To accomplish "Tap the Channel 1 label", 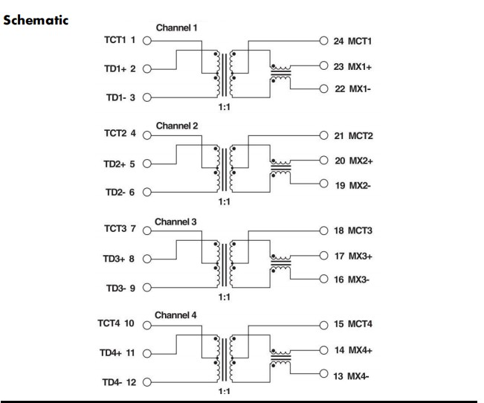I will pos(177,28).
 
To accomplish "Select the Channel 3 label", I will pos(176,222).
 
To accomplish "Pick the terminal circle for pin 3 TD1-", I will pos(146,97).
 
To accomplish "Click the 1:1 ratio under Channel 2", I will pos(224,201).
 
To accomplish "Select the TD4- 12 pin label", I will pos(117,383).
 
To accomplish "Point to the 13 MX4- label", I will pos(352,376).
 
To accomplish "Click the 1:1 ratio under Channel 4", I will pos(224,391).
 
